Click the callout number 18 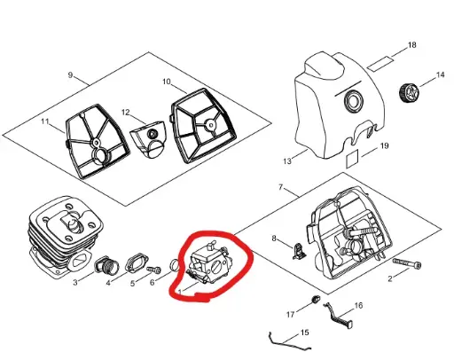click(412, 44)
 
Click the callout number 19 click(384, 145)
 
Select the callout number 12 click(126, 113)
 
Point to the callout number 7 click(280, 187)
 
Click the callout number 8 click(274, 239)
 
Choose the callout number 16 click(359, 305)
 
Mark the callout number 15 click(305, 333)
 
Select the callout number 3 click(75, 284)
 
